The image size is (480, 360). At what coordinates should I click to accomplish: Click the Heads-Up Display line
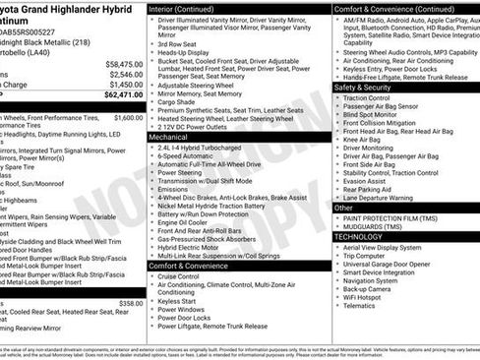[x=184, y=53]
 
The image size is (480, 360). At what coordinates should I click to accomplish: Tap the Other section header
[x=343, y=209]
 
